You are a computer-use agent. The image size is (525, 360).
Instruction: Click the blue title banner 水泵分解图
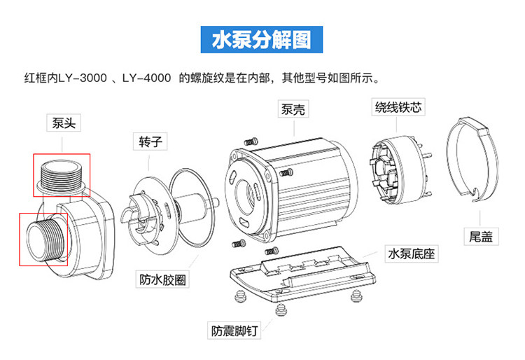(262, 39)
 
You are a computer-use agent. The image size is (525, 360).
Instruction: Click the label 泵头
(64, 123)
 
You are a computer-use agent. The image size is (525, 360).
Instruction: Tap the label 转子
(150, 141)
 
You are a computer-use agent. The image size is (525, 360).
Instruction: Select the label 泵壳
(293, 109)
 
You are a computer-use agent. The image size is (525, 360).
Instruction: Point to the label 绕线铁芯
(398, 107)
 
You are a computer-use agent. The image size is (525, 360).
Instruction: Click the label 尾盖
(481, 237)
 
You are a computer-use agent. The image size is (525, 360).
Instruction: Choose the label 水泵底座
(411, 254)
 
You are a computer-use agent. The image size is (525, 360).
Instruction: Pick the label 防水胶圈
(162, 279)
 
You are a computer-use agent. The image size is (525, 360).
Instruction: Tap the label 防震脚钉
(234, 331)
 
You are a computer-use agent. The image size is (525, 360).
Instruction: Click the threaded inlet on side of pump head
(45, 240)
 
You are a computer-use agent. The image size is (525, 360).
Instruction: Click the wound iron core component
(400, 169)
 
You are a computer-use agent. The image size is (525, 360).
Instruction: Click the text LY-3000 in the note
(83, 78)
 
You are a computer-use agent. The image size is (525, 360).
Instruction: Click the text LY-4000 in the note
(146, 78)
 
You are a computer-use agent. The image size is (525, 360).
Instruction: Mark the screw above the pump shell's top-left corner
(251, 141)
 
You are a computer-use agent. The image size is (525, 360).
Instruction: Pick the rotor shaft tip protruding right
(216, 202)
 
